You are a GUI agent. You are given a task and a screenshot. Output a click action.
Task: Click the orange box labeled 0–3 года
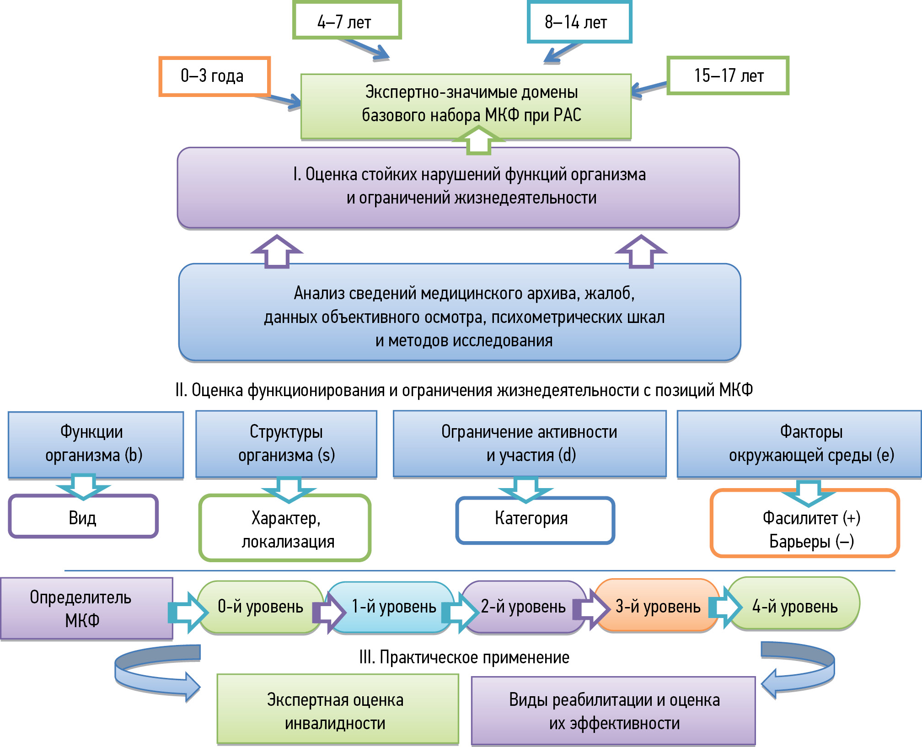[x=214, y=76]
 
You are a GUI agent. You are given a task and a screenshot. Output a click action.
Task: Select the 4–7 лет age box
[x=347, y=21]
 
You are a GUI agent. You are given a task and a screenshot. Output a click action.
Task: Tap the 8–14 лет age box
[x=579, y=22]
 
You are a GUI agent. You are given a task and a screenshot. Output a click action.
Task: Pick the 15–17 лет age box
[x=728, y=75]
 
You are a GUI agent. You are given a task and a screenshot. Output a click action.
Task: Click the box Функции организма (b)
[x=95, y=444]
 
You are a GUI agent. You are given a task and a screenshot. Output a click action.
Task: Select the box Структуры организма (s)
[x=286, y=444]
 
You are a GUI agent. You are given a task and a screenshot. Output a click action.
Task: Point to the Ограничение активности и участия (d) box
[x=530, y=444]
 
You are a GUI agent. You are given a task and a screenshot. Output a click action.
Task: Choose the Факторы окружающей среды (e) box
[x=799, y=444]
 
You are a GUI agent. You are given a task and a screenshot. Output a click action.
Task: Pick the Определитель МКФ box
[x=86, y=608]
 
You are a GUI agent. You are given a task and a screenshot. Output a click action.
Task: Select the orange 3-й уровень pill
[x=658, y=607]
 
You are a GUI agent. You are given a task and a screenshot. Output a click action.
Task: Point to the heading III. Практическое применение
[x=464, y=658]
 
